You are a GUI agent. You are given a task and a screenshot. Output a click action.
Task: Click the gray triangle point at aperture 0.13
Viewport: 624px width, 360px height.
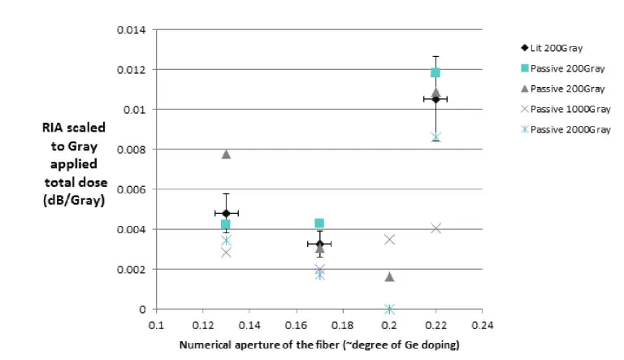pyautogui.click(x=226, y=154)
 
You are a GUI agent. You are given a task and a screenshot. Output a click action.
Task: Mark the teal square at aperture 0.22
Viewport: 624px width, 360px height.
pyautogui.click(x=435, y=73)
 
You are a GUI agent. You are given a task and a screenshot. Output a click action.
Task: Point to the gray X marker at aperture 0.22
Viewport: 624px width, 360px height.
pyautogui.click(x=435, y=228)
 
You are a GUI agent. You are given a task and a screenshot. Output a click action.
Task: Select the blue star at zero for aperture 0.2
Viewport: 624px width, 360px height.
pyautogui.click(x=389, y=309)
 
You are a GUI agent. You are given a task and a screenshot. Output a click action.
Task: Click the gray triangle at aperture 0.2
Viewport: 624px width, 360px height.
pyautogui.click(x=389, y=277)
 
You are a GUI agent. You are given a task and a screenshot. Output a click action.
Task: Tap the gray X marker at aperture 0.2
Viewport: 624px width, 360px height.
pyautogui.click(x=389, y=239)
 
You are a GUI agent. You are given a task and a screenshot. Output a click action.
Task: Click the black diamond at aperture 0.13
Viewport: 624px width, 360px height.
pyautogui.click(x=226, y=213)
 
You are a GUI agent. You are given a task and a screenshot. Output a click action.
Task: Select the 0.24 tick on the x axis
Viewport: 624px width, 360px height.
pyautogui.click(x=482, y=323)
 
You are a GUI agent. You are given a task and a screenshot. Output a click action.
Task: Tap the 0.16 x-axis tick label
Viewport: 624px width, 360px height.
pyautogui.click(x=296, y=323)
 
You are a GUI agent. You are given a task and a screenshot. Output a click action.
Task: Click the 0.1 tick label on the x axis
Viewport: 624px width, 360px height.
pyautogui.click(x=156, y=323)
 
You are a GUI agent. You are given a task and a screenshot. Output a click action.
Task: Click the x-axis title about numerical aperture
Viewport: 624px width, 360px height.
pyautogui.click(x=318, y=345)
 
